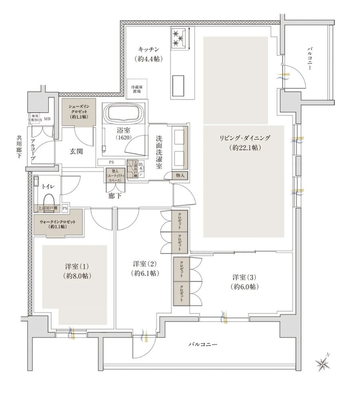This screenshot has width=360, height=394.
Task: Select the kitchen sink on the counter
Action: tap(179, 84)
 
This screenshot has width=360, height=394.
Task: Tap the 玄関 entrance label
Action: tap(76, 151)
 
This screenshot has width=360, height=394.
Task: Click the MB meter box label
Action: tap(47, 119)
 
